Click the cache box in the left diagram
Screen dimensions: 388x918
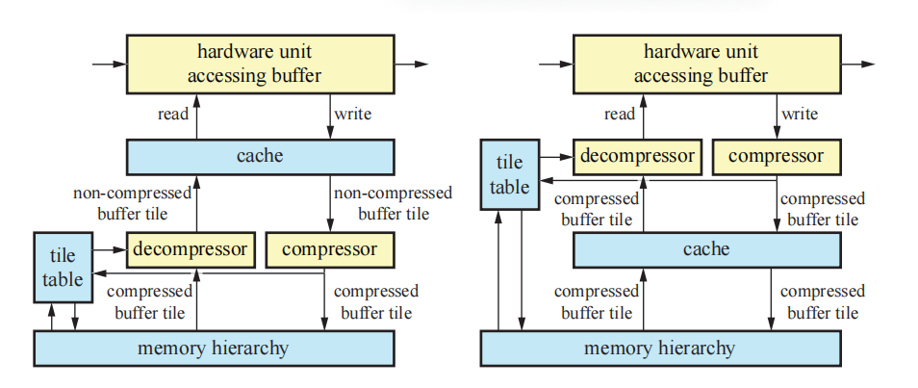[260, 156]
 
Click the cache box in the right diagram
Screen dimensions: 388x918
[706, 249]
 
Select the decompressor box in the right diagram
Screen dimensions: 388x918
[636, 156]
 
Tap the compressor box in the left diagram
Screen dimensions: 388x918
[330, 249]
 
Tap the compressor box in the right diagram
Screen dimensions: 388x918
[776, 156]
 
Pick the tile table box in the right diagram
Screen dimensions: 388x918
[509, 175]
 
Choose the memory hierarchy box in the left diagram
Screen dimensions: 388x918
[214, 348]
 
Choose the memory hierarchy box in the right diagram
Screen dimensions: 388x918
[659, 348]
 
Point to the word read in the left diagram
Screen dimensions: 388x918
[172, 115]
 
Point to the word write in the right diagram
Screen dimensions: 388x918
[800, 115]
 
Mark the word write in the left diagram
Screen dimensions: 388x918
[352, 115]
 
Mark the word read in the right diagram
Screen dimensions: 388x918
[619, 115]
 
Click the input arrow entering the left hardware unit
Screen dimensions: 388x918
[109, 64]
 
